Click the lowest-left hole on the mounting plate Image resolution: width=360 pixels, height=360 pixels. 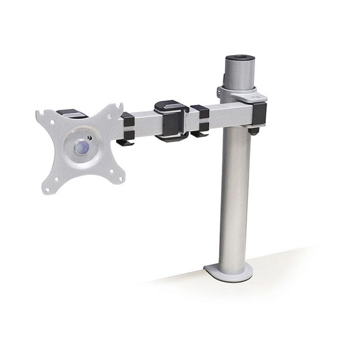click(x=47, y=190)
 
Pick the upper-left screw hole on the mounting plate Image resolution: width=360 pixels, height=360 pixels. click(x=52, y=122)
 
